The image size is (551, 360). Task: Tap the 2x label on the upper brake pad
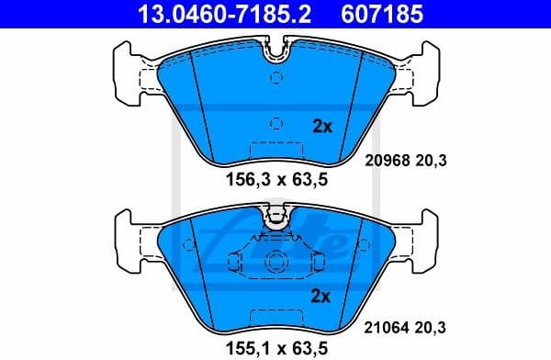coord(321,127)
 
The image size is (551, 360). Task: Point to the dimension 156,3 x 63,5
coord(276,180)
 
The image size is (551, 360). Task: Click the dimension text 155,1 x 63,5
coord(276,349)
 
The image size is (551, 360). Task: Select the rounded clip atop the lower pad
coord(275,218)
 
